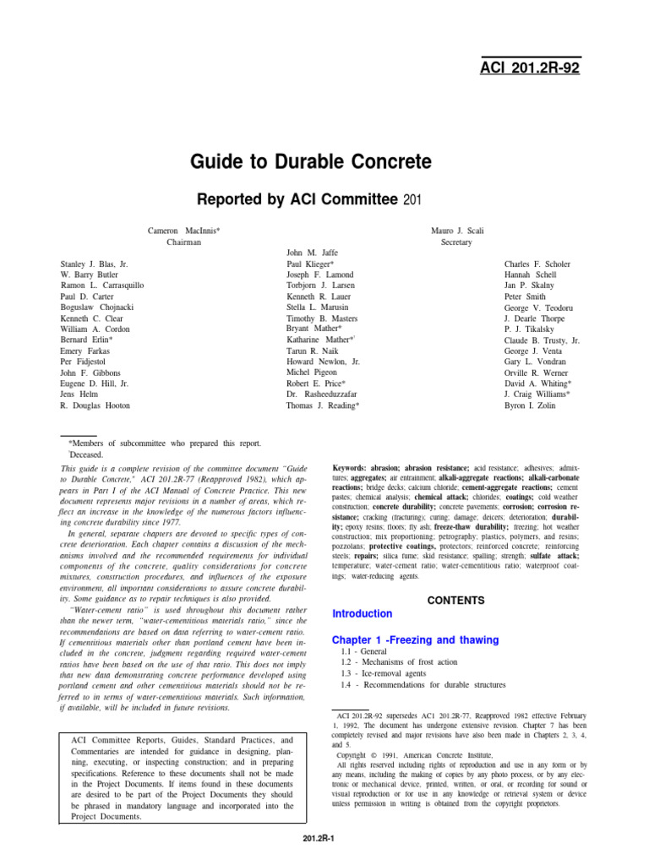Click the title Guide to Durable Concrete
pyautogui.click(x=311, y=160)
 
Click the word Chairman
pyautogui.click(x=183, y=242)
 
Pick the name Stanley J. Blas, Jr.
pyautogui.click(x=94, y=264)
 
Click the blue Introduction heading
pyautogui.click(x=362, y=613)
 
